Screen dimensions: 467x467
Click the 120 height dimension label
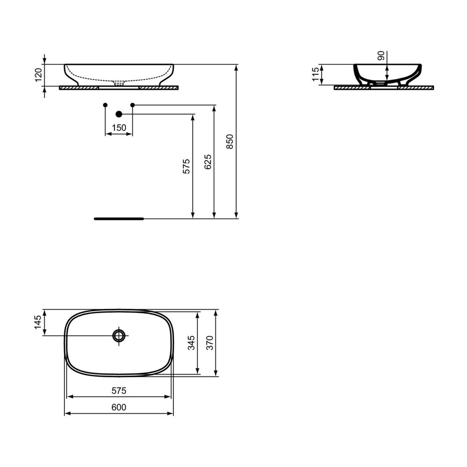pyautogui.click(x=38, y=75)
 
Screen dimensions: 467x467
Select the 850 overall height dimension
pyautogui.click(x=230, y=142)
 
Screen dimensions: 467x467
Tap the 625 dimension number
pyautogui.click(x=208, y=162)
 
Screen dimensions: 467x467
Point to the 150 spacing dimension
pyautogui.click(x=119, y=128)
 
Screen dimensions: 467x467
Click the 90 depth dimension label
pyautogui.click(x=381, y=56)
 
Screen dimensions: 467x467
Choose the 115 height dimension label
pyautogui.click(x=315, y=74)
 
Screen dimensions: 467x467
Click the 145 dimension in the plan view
pyautogui.click(x=38, y=322)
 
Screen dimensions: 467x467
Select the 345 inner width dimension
pyautogui.click(x=191, y=343)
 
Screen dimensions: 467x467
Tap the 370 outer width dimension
pyautogui.click(x=210, y=343)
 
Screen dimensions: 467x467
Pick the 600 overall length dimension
pyautogui.click(x=119, y=407)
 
